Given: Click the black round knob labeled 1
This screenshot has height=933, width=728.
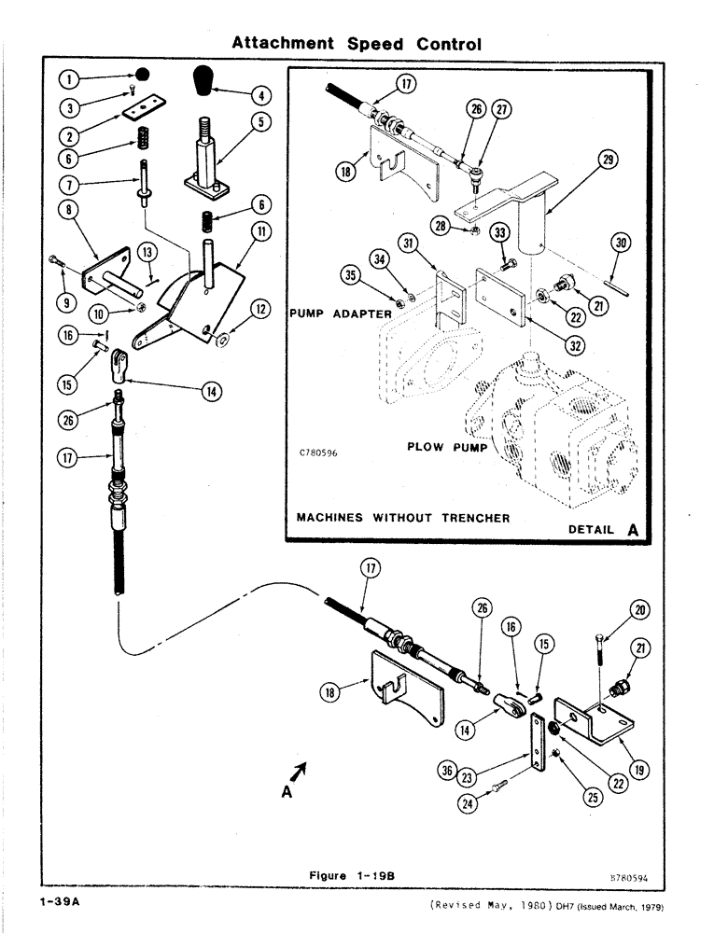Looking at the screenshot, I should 142,74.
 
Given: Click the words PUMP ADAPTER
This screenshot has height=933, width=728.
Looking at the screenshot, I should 340,313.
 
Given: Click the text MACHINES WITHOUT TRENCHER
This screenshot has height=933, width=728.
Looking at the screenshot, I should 402,518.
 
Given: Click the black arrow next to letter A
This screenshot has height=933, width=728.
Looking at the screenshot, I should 300,771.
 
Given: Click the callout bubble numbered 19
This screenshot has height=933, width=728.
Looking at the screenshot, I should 638,771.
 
